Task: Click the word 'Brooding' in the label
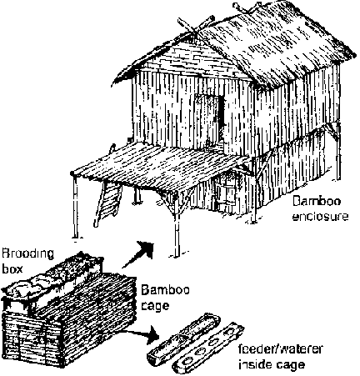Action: pos(27,254)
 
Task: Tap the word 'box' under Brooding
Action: pos(12,269)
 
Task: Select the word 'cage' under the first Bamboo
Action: pos(155,306)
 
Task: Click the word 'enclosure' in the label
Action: pos(320,217)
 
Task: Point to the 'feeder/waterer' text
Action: pos(280,348)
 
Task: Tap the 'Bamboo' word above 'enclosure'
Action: pos(317,201)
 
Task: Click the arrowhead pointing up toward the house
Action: pos(147,248)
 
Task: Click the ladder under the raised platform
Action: pos(107,202)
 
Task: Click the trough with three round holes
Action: pos(207,348)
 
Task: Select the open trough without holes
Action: pos(183,337)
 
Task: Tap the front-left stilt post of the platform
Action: pos(75,206)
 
